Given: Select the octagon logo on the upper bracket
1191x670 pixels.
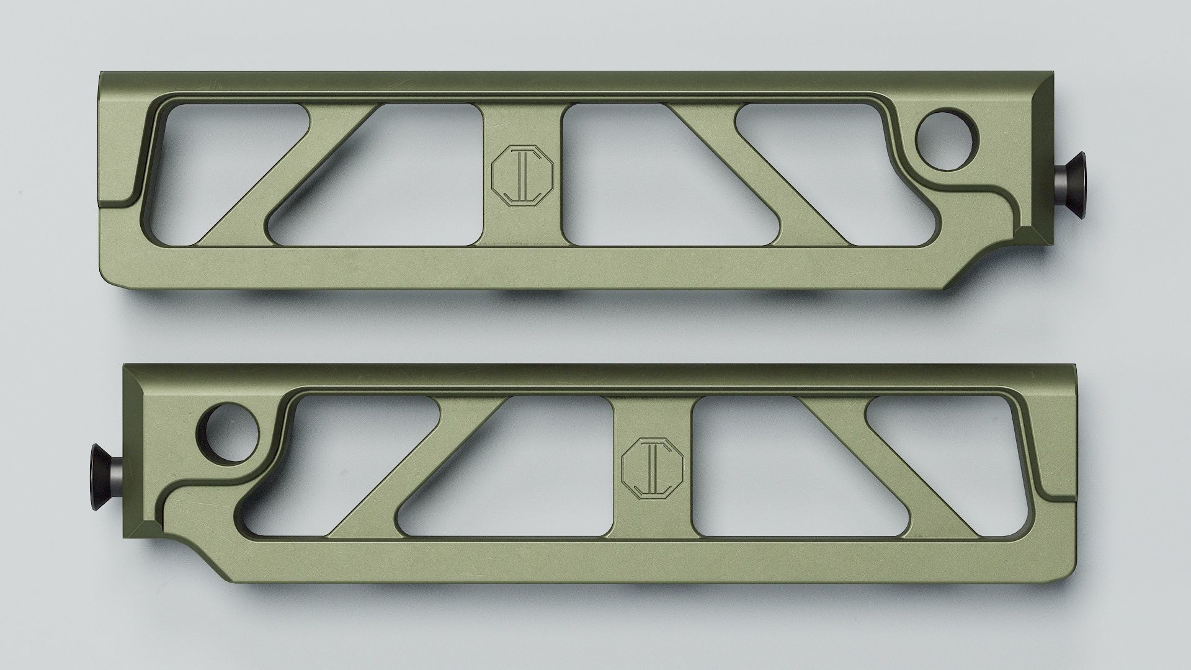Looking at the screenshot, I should pyautogui.click(x=522, y=175).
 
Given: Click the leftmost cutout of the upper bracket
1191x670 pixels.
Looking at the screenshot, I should pyautogui.click(x=211, y=161).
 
